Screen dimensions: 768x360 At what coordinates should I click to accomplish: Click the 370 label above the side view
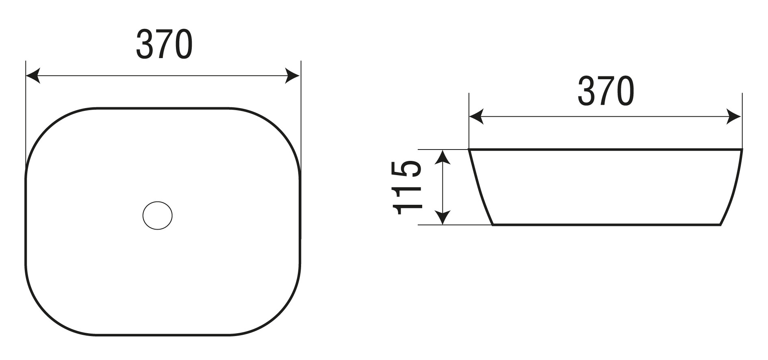[605, 91]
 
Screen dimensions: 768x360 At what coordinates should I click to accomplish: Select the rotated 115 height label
[407, 187]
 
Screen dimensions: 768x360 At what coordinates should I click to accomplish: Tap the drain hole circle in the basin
[158, 215]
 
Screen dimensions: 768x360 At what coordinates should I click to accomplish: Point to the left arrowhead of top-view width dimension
[33, 76]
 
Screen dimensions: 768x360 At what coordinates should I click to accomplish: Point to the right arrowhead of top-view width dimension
[293, 76]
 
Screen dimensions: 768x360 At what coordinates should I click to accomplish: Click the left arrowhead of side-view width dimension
[477, 117]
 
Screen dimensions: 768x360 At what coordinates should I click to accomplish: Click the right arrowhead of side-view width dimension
[734, 117]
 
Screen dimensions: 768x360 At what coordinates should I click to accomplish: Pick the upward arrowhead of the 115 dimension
[443, 157]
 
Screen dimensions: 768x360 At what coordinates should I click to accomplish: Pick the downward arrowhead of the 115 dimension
[443, 217]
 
